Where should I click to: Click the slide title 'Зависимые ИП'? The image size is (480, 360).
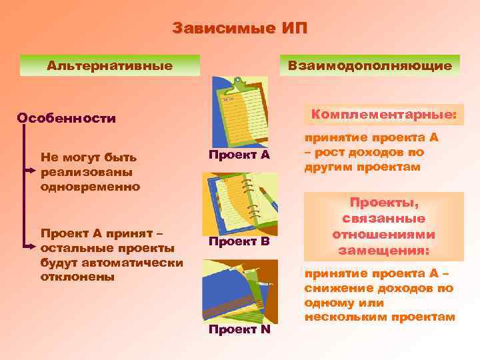click(240, 29)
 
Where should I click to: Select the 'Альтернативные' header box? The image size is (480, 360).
click(110, 65)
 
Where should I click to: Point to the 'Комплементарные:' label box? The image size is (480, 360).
click(384, 115)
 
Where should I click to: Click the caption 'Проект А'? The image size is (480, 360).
click(239, 155)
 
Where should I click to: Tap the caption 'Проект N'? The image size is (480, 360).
click(239, 330)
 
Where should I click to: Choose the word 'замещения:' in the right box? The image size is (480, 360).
click(383, 251)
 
